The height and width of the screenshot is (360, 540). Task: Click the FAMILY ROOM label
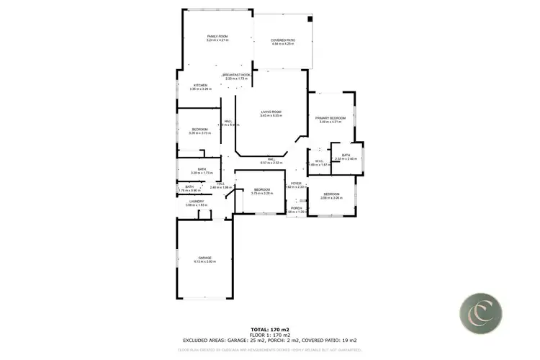coord(217,36)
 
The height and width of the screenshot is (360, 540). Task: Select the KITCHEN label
coord(201,85)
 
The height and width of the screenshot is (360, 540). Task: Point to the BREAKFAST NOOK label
coord(236,75)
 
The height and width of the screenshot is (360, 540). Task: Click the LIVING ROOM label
coord(271,112)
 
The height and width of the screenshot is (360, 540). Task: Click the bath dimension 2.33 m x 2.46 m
coord(346,158)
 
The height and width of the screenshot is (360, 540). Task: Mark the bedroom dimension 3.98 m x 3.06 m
coord(331,197)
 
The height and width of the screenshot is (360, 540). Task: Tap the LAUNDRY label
coord(196,202)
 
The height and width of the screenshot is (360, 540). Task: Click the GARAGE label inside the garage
coord(205,258)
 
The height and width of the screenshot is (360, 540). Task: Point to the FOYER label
coord(296,184)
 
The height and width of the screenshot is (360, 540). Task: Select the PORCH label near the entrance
coord(296,208)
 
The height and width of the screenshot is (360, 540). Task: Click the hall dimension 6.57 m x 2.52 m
coord(271,163)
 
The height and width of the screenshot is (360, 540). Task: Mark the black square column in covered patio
coord(310,19)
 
